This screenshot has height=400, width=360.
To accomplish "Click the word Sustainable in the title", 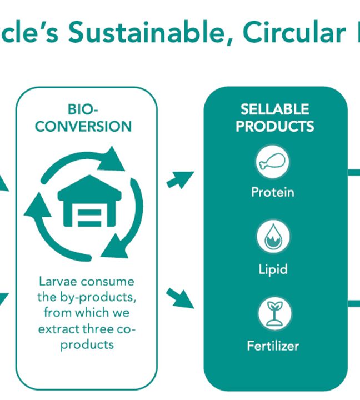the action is point(146,32).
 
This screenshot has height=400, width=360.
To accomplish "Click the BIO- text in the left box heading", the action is point(83,109).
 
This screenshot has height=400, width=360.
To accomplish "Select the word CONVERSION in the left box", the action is point(83,127).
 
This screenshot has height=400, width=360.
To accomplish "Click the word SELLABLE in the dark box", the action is point(275,109).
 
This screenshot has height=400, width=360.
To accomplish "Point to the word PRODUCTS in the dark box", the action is point(275,126).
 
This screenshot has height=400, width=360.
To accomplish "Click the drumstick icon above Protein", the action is point(272,162).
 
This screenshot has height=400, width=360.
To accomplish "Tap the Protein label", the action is point(272,192).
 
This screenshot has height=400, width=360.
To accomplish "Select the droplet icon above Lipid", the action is point(273,237).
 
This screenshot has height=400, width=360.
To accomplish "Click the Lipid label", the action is point(273,269).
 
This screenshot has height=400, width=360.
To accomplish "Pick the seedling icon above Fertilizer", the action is point(274,313).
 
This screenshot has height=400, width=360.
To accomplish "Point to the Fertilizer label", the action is point(273,346).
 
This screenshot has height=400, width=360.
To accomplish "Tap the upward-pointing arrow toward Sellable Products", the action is point(180,179).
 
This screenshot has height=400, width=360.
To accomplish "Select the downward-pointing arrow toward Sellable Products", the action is point(179,298).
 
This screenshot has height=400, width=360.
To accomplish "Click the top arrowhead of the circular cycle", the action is point(112,159).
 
